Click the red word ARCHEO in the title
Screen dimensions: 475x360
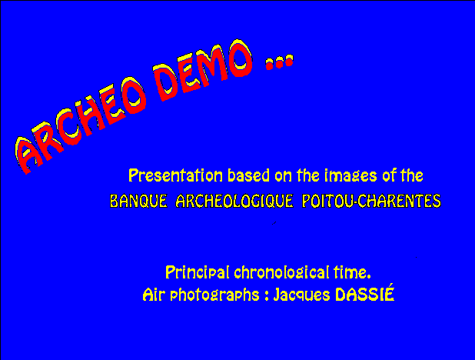80,125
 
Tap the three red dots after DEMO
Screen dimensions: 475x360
280,62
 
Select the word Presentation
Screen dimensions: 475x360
176,175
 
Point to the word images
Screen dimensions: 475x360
350,176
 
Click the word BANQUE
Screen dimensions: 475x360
138,201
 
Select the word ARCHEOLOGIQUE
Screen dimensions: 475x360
234,201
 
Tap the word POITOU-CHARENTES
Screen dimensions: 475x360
371,201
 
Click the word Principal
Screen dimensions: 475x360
198,272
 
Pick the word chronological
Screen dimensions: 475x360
282,272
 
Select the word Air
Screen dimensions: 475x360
154,295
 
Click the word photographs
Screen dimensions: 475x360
214,295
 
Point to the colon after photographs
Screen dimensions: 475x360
267,296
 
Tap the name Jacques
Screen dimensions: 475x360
301,295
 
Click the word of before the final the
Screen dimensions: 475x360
389,175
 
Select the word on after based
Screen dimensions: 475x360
283,177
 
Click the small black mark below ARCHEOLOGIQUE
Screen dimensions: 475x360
274,224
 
